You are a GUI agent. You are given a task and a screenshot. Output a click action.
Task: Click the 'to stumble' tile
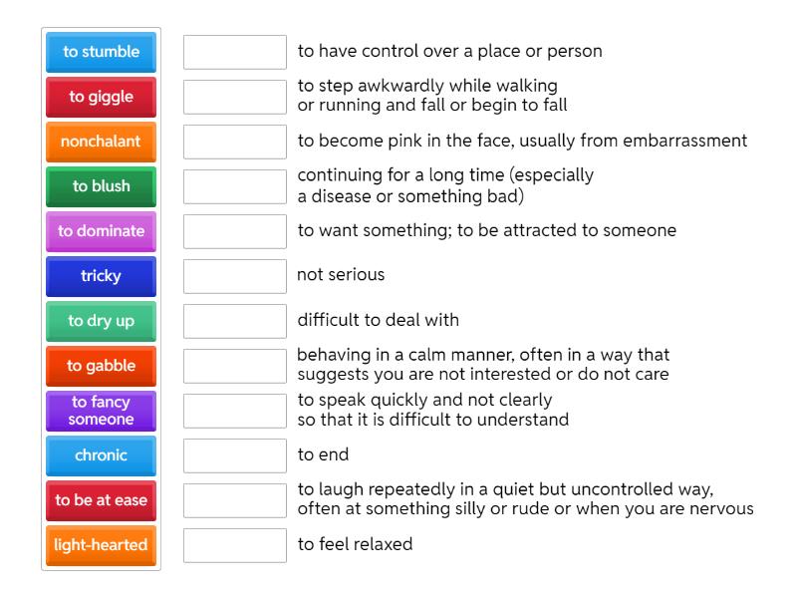tap(101, 52)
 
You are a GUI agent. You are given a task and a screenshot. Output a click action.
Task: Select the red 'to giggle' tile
tap(101, 97)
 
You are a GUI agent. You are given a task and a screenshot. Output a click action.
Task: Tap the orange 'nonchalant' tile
tap(101, 142)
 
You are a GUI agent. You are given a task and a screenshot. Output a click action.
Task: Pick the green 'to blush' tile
tap(101, 186)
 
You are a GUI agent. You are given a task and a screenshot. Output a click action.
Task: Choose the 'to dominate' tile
tap(101, 231)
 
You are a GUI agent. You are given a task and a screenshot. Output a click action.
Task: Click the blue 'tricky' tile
tap(101, 276)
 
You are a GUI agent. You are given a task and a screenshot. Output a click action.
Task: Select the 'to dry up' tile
tap(101, 321)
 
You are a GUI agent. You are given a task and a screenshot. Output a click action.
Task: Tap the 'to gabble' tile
tap(101, 366)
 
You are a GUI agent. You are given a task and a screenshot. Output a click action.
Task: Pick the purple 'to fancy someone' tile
tap(101, 411)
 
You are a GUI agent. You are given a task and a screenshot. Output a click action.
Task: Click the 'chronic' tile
tap(101, 455)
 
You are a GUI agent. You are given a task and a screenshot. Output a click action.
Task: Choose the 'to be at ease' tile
tap(101, 500)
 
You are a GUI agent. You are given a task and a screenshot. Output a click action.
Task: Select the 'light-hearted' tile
tap(101, 545)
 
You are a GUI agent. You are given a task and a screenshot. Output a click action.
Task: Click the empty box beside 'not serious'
tap(235, 276)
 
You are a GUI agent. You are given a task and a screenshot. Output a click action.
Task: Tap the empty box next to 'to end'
tap(235, 455)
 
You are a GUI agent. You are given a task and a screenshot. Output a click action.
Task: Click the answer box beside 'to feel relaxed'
tap(235, 545)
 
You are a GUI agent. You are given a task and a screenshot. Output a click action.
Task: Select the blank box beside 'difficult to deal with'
tap(235, 321)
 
